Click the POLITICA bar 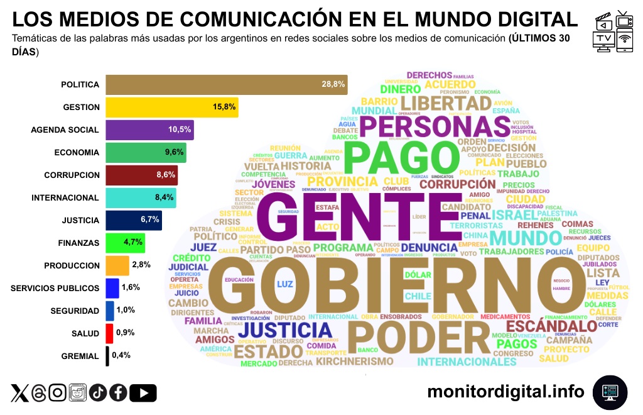point(226,85)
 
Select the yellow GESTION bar point(171,108)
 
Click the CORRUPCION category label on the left point(72,175)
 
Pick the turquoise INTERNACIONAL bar point(141,197)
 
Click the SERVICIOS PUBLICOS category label point(55,288)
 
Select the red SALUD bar point(109,333)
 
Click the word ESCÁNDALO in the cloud point(551,326)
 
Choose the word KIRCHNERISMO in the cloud point(355,362)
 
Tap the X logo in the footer point(19,393)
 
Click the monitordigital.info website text point(505,392)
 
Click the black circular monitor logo point(610,392)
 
